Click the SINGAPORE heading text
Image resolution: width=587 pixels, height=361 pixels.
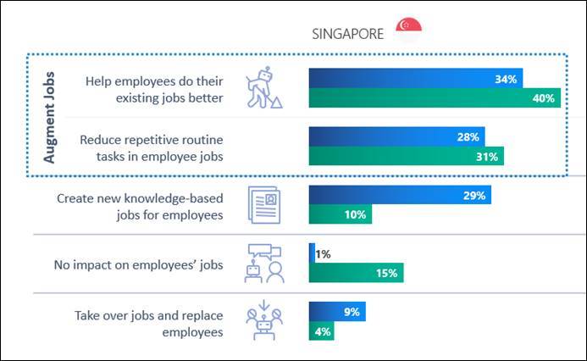[x=348, y=33]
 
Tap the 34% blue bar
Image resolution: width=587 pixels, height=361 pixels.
[x=416, y=79]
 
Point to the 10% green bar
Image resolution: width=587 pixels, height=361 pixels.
[x=340, y=214]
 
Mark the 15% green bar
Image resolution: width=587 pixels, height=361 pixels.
[x=356, y=272]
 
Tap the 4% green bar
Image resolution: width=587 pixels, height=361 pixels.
[x=321, y=330]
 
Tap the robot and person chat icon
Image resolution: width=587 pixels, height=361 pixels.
[x=262, y=262]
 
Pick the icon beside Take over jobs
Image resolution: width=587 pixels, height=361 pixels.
[x=262, y=320]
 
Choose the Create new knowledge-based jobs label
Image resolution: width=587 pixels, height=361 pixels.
[x=140, y=205]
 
